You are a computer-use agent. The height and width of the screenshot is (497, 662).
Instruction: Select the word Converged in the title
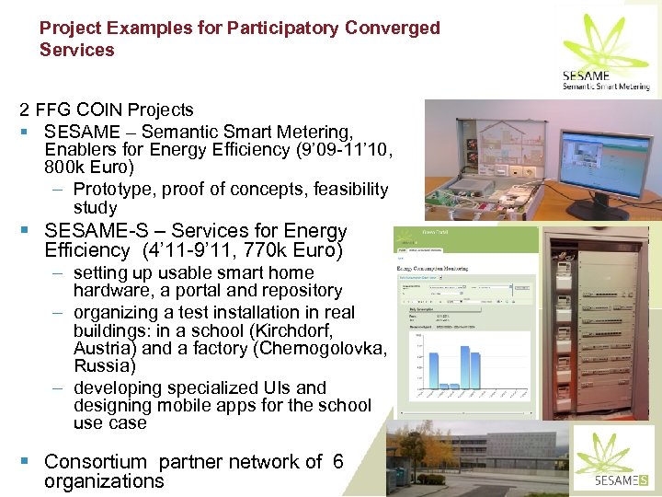point(393,29)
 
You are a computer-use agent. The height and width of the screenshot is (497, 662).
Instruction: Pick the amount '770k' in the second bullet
point(258,250)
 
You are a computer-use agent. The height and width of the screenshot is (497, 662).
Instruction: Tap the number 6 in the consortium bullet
point(337,462)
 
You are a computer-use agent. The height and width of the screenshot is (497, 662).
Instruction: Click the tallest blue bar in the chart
point(427,359)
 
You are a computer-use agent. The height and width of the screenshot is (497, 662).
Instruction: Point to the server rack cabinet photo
point(598,322)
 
